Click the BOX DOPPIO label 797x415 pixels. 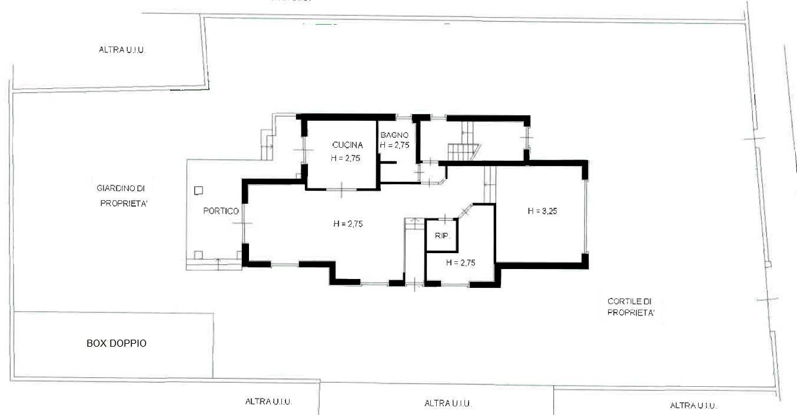116,343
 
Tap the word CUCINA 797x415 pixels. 347,145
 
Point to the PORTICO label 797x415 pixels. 221,211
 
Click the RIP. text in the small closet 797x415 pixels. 442,236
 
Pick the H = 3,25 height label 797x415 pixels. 542,211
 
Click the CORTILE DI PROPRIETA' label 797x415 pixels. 631,307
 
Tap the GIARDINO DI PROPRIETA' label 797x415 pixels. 121,196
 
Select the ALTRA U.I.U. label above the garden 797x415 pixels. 122,50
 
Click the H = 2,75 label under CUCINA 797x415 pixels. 346,158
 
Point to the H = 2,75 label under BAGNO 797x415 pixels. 394,145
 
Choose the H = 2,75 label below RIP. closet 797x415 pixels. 460,263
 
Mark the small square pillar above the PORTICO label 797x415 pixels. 198,190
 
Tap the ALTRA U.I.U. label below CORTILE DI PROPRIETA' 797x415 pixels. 693,406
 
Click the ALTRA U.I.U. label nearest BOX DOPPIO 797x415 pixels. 268,402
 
